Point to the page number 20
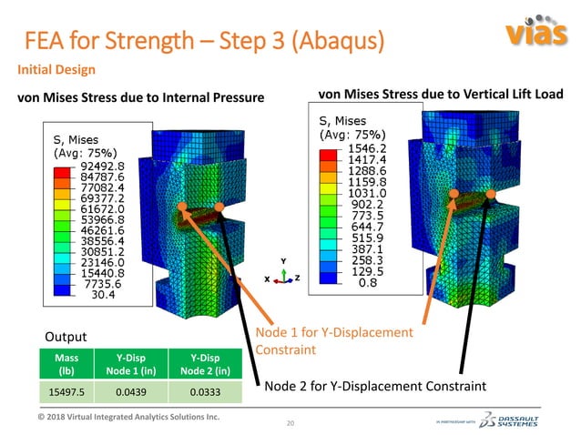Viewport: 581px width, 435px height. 291,424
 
